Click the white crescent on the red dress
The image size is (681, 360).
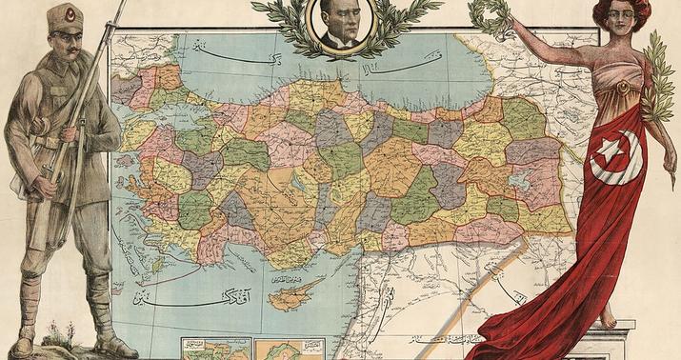[618, 162]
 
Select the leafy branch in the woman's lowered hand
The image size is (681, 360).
[657, 76]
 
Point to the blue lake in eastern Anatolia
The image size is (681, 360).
[523, 180]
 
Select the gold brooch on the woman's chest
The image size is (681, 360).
[623, 89]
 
